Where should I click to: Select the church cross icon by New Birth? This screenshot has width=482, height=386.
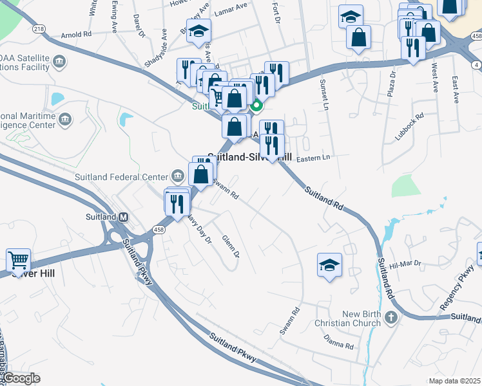pyautogui.click(x=390, y=318)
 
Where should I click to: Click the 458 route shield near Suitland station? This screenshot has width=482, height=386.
pyautogui.click(x=159, y=229)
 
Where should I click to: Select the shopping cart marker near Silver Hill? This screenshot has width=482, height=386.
pyautogui.click(x=19, y=261)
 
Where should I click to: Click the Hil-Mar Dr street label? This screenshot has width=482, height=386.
pyautogui.click(x=404, y=263)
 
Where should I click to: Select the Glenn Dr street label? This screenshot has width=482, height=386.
pyautogui.click(x=231, y=247)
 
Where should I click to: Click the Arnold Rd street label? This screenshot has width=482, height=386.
pyautogui.click(x=76, y=36)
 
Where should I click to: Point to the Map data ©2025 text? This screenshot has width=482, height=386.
pyautogui.click(x=454, y=381)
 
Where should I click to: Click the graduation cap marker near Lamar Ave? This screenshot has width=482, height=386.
pyautogui.click(x=198, y=30)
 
